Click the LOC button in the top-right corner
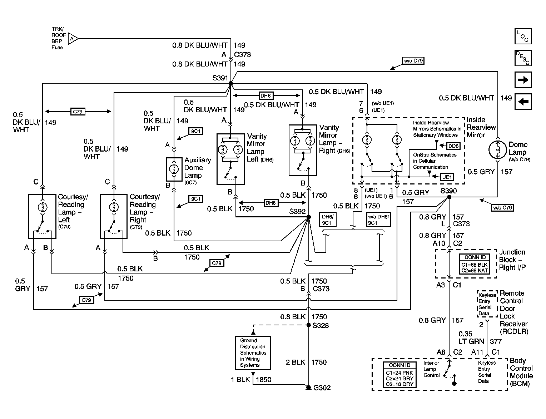[x=523, y=36]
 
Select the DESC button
[x=523, y=58]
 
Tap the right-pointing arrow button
[x=523, y=80]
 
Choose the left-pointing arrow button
[x=523, y=102]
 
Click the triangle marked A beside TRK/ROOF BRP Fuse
[x=73, y=39]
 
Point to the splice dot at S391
[x=230, y=83]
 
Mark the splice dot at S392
[x=309, y=217]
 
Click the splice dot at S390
[x=449, y=197]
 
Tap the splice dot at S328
[x=309, y=325]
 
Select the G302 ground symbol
[x=308, y=388]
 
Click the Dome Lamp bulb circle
[x=498, y=150]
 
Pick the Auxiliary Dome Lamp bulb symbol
[x=174, y=169]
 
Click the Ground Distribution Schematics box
[x=253, y=353]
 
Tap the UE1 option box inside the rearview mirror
[x=447, y=177]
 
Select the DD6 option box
[x=453, y=146]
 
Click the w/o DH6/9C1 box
[x=378, y=220]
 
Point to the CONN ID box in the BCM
[x=399, y=375]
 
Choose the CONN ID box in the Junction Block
[x=475, y=264]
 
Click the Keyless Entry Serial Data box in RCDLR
[x=487, y=304]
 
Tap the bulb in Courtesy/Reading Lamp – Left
[x=43, y=207]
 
